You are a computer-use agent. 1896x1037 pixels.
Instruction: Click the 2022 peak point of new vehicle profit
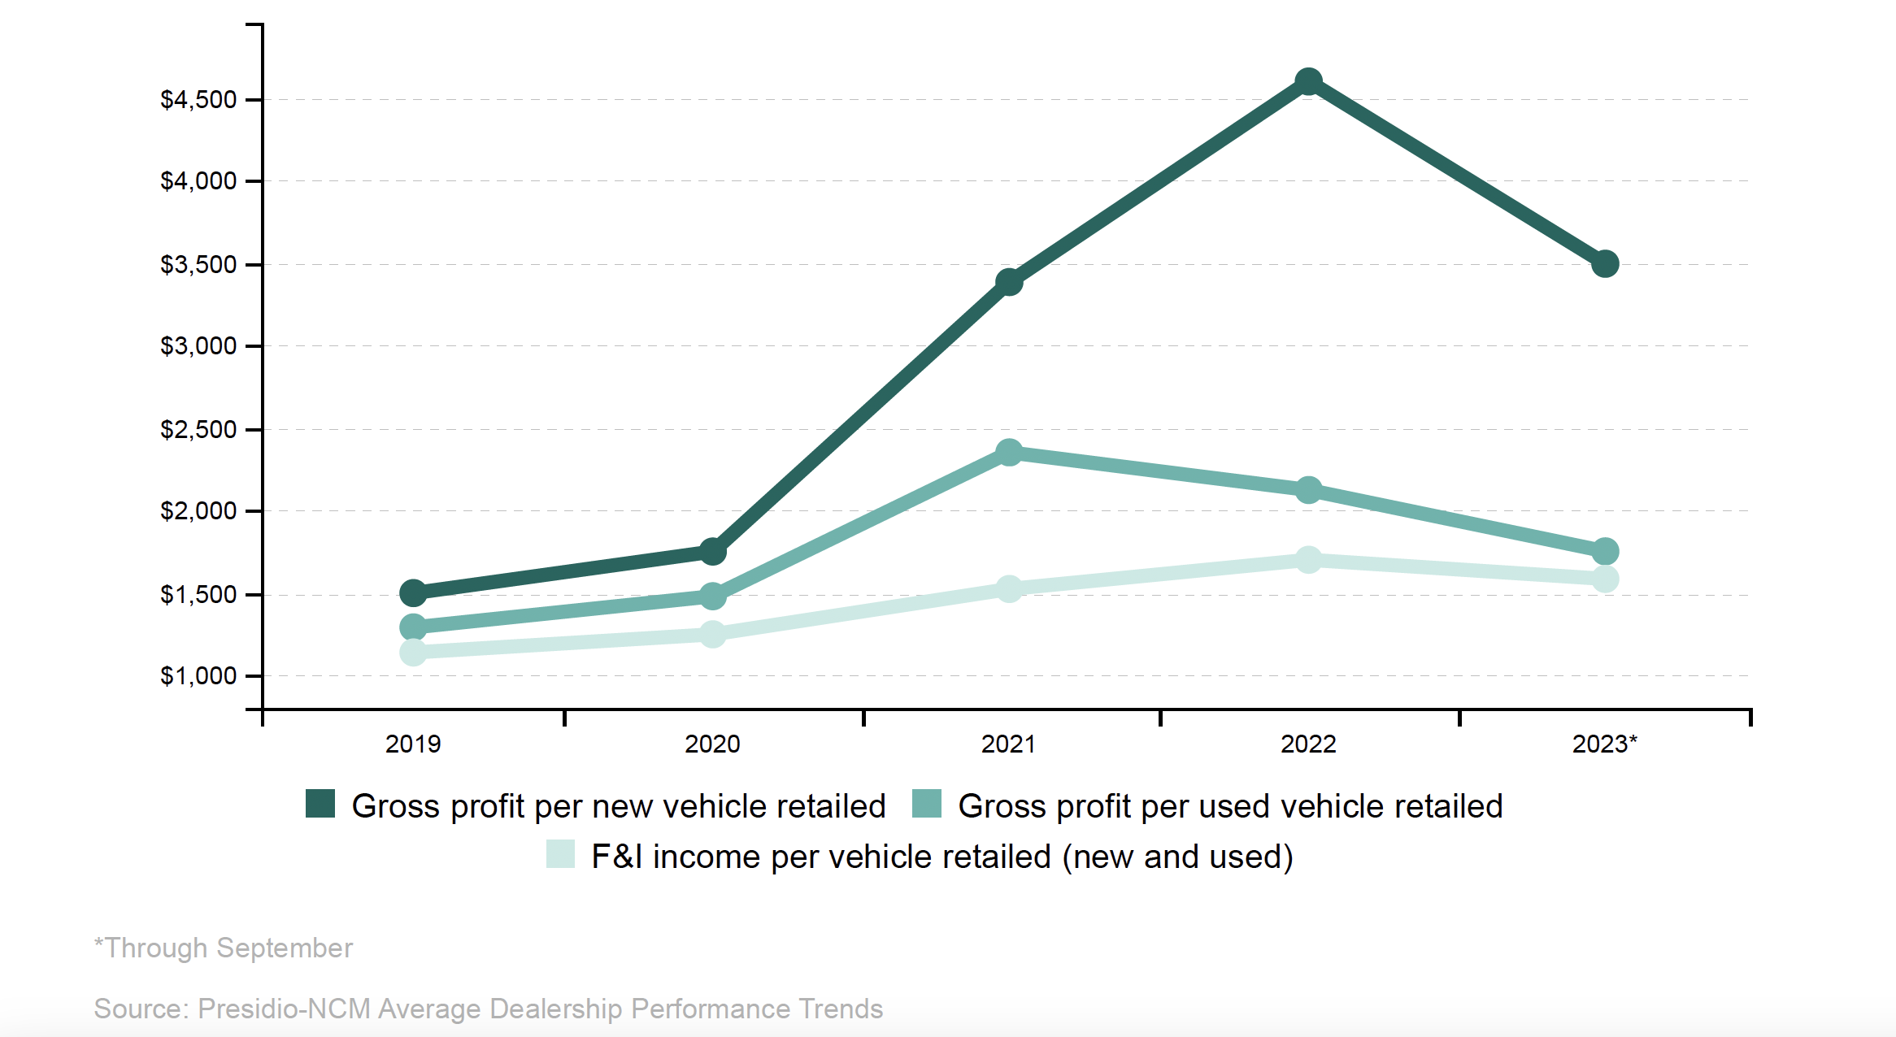[1308, 81]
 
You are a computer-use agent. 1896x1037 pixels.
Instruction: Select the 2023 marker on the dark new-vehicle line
[1605, 264]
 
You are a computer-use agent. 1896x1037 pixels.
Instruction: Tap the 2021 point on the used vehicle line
[1009, 453]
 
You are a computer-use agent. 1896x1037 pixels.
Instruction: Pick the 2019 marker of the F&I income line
[413, 652]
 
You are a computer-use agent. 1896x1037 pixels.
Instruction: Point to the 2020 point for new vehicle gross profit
[712, 552]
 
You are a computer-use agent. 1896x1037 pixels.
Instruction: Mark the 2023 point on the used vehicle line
[1605, 552]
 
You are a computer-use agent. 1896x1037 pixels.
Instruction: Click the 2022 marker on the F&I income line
[1308, 560]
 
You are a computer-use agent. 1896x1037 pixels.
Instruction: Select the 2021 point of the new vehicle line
[1009, 282]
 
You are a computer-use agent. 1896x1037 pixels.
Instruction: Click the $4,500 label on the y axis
[198, 100]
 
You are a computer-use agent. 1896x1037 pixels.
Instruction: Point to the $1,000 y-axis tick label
[198, 676]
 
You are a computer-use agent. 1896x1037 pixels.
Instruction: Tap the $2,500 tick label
[198, 430]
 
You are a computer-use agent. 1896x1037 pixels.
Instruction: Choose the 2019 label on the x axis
[413, 744]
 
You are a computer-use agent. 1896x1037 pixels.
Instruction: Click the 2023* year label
[1604, 744]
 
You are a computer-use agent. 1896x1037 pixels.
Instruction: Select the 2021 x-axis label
[1008, 744]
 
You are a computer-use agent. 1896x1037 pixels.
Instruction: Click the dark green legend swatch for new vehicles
[320, 804]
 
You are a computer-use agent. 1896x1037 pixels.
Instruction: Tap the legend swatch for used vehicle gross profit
[927, 804]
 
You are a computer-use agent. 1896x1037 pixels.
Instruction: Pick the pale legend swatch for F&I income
[560, 854]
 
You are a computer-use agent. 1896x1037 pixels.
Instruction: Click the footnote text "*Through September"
[224, 948]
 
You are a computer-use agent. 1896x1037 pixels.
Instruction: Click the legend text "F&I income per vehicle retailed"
[821, 857]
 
